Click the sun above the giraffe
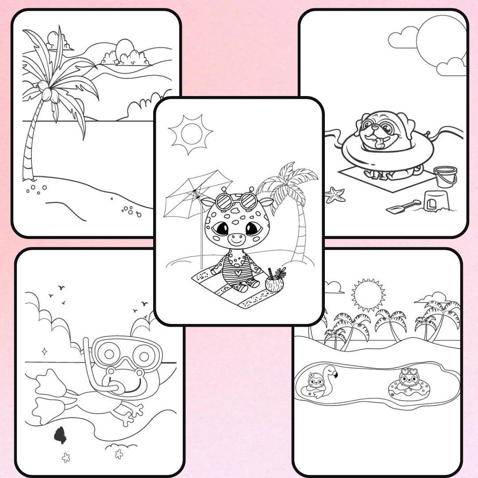point(191,134)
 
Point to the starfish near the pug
point(335,195)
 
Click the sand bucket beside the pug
point(445,177)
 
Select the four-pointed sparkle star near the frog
point(44,351)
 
